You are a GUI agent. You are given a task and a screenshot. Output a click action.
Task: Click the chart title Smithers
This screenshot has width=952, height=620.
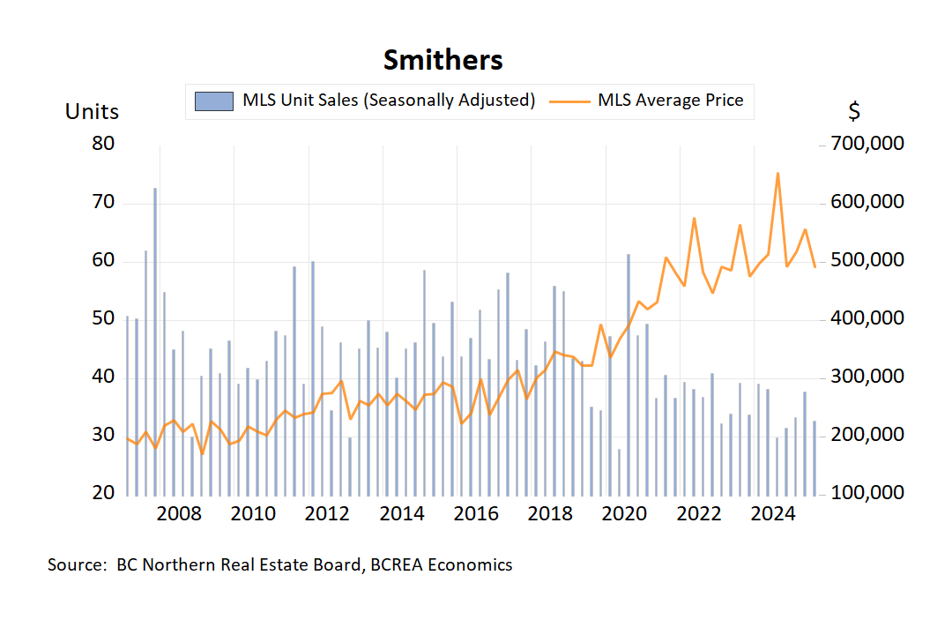pos(443,61)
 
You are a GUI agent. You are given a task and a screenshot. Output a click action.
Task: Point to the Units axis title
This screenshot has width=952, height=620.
pos(92,112)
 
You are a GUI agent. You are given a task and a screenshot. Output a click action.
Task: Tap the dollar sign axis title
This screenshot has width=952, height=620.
pos(853,112)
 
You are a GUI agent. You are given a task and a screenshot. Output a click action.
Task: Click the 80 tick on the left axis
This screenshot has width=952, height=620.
pos(103,144)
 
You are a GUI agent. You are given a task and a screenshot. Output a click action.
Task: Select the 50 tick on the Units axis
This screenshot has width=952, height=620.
pos(103,318)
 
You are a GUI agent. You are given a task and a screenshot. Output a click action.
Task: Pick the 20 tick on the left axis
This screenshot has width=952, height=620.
pos(103,493)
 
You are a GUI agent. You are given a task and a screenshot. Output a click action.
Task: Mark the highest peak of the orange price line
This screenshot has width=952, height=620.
pos(777,174)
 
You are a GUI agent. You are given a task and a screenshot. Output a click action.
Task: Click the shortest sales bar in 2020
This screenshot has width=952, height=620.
pos(619,471)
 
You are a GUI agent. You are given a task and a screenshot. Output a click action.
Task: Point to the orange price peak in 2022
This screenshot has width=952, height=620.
pos(695,218)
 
